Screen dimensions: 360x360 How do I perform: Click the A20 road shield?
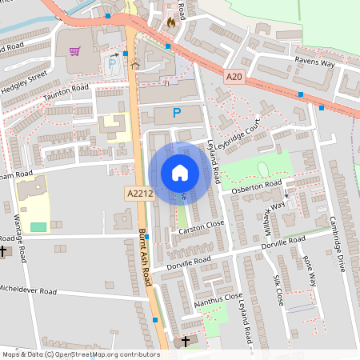coord(234,76)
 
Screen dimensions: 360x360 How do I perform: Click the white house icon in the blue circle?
coord(180,173)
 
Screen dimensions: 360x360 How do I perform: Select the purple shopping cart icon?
coord(75,51)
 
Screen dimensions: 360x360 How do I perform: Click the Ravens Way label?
coord(314,62)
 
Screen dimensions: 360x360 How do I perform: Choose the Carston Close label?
coord(202,229)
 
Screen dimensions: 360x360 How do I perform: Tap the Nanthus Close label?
coord(218,300)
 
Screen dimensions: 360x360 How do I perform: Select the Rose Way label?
coord(308,271)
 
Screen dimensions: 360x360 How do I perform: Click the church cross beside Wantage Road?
coord(2,251)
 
